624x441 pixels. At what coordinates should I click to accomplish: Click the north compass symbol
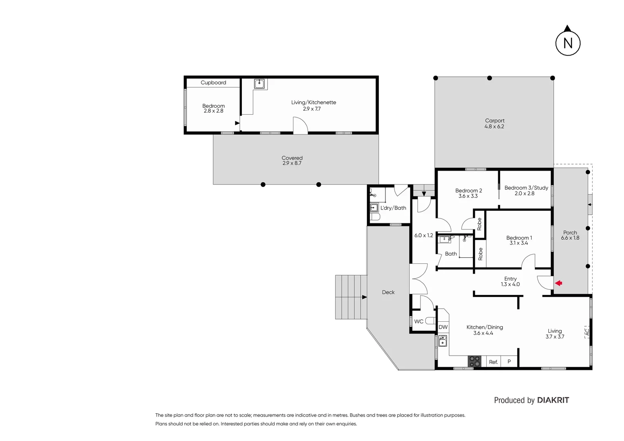point(568,42)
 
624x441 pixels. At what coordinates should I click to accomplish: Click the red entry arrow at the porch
point(559,283)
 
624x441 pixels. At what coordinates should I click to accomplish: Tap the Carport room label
point(494,121)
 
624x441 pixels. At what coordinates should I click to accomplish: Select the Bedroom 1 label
point(519,238)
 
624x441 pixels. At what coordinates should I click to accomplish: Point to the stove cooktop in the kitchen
point(474,361)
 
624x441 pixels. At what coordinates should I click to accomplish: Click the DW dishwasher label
point(443,327)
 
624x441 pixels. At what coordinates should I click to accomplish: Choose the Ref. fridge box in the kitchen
point(493,362)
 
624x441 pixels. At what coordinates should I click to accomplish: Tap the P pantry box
point(509,361)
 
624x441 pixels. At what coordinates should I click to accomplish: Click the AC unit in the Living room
point(587,332)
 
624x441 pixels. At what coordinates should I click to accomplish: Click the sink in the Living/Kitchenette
point(259,84)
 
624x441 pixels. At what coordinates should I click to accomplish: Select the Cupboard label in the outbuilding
point(213,82)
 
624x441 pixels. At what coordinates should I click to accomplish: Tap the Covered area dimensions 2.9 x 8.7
point(292,163)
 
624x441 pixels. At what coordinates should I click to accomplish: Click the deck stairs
point(351,297)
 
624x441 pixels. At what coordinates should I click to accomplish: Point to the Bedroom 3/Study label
point(526,188)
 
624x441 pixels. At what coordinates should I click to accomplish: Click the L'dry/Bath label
point(393,208)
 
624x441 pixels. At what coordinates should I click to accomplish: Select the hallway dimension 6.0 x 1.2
point(423,235)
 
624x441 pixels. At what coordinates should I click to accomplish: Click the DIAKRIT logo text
point(553,400)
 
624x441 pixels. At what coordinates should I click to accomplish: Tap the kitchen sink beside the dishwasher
point(443,341)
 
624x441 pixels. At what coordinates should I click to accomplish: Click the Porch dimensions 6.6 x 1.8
point(570,238)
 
